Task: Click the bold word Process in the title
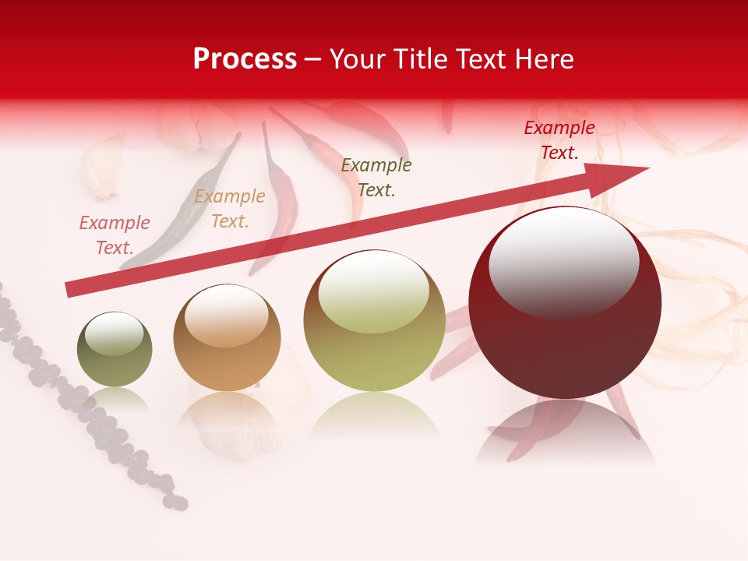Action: tap(245, 58)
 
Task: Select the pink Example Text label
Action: tap(115, 235)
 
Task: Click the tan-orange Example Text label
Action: tap(230, 209)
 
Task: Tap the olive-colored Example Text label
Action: tap(376, 178)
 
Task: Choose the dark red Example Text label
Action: tap(559, 140)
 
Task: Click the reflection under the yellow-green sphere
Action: tap(374, 417)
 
